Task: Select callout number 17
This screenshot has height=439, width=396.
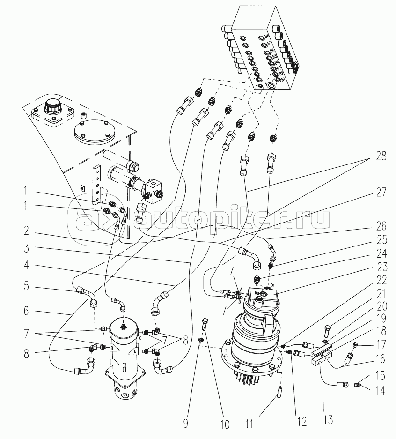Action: (x=381, y=344)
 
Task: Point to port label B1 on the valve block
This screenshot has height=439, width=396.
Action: (x=282, y=80)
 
